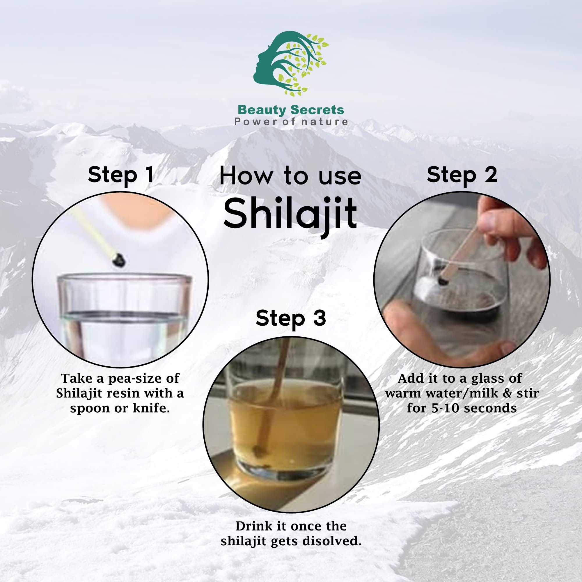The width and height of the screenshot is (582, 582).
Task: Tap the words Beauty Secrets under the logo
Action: pos(290,110)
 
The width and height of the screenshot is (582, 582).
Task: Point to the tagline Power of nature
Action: pos(291,122)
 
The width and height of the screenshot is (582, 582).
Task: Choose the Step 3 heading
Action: pos(291,318)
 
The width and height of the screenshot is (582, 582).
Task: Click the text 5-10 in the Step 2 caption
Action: pos(445,408)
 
